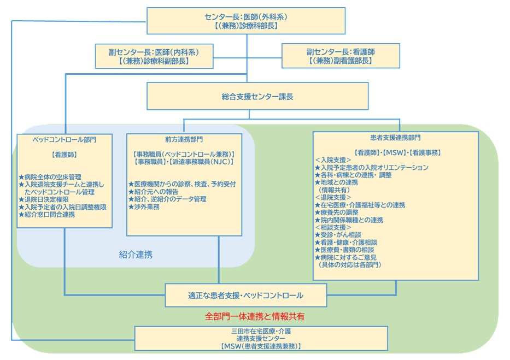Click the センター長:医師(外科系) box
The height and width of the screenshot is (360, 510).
coord(246,21)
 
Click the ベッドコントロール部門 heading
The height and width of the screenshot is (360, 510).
coord(65,139)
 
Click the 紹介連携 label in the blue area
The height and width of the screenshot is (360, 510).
coord(136,254)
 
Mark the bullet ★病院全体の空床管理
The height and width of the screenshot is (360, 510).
coord(50,177)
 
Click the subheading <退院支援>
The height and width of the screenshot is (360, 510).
coord(335,197)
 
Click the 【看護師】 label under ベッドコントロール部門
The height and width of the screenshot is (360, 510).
coord(65,155)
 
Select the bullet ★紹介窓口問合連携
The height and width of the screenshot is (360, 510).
coord(50,215)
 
